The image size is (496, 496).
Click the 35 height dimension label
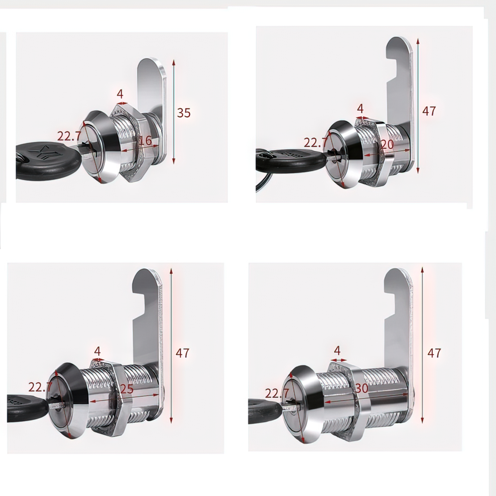184,113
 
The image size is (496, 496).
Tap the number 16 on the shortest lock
145,141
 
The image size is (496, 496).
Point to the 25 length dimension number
127,389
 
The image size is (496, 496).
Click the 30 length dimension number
361,388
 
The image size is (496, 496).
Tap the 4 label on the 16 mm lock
120,94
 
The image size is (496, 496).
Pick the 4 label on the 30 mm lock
337,351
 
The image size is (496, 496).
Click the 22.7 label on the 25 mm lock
40,387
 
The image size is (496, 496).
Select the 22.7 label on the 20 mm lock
315,143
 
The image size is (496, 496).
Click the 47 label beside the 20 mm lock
429,111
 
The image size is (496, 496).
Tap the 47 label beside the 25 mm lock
182,353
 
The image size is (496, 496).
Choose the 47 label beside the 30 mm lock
434,353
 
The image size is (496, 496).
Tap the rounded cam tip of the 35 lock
152,62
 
